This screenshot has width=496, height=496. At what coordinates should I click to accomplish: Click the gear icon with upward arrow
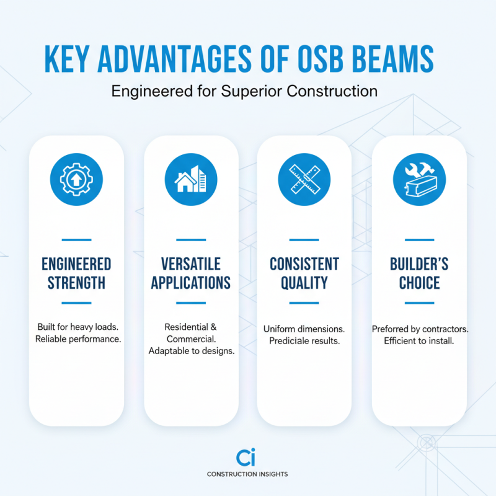(76, 180)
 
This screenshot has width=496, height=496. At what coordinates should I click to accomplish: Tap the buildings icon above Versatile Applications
(191, 180)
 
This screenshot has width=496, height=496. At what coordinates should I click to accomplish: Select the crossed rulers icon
(304, 180)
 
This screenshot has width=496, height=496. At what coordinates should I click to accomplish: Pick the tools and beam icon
(419, 180)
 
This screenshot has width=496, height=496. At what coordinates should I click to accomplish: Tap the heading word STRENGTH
(76, 283)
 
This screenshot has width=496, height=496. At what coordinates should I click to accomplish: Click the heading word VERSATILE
(191, 264)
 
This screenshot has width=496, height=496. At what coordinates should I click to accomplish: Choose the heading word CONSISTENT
(304, 264)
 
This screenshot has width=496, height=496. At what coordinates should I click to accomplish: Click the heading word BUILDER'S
(419, 264)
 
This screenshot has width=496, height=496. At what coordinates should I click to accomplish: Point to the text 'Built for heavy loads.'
(76, 327)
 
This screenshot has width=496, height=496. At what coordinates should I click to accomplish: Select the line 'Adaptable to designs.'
(191, 351)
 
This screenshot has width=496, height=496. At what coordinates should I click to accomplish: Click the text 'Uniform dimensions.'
(304, 329)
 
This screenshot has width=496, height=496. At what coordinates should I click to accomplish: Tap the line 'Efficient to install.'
(419, 341)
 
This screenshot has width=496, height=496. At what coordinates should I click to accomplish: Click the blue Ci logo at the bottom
(247, 458)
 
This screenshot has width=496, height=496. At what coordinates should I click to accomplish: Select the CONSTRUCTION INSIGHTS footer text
(247, 474)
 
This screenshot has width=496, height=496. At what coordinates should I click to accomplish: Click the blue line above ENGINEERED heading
(76, 239)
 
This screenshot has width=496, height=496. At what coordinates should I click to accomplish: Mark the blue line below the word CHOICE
(419, 303)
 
